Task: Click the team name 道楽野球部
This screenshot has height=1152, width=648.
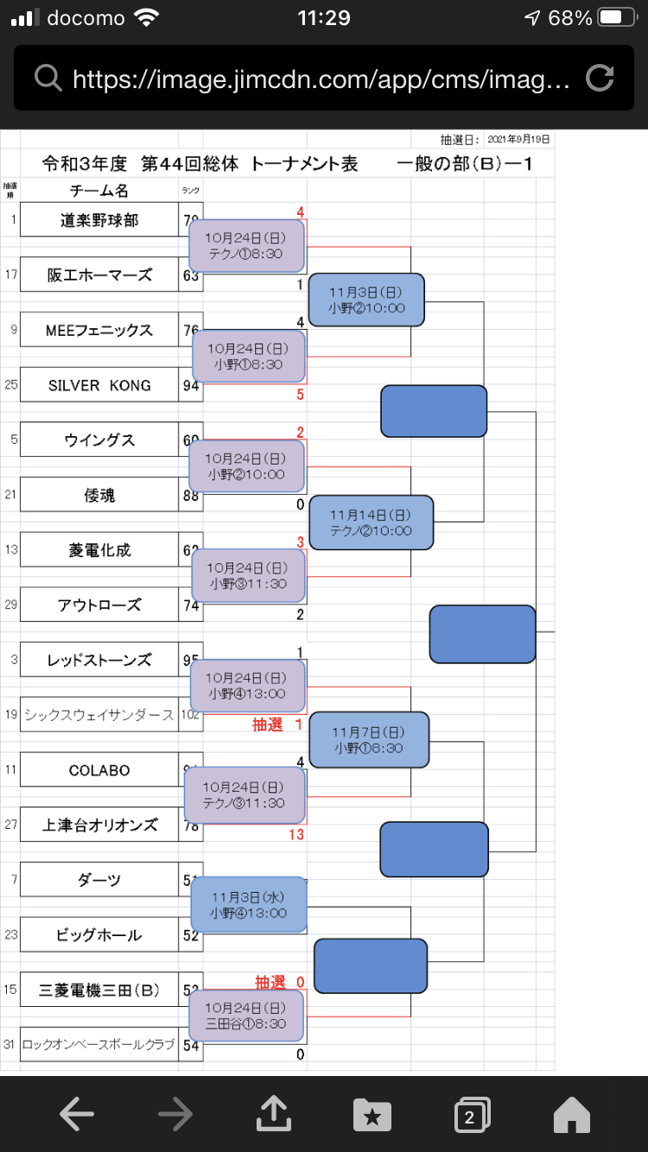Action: pos(99,220)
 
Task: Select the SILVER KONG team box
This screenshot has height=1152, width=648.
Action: pos(99,385)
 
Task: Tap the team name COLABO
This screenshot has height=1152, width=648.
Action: pos(99,770)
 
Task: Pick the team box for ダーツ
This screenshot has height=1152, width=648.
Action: pos(99,880)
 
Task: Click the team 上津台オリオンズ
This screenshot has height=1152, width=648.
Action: pos(99,826)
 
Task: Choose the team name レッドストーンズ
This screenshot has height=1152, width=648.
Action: pos(99,661)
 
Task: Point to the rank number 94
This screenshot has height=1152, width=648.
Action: pos(191,386)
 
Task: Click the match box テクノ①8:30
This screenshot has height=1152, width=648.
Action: pos(246,245)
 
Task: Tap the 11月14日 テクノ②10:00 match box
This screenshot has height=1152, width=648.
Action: pos(371,523)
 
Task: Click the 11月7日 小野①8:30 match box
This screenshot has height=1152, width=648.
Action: pos(369,740)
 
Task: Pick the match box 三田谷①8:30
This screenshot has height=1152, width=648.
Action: pos(246,1016)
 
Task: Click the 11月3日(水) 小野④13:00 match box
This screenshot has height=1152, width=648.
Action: pos(248,905)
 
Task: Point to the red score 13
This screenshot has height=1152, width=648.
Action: pos(296,834)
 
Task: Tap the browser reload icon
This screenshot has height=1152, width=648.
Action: pos(600,79)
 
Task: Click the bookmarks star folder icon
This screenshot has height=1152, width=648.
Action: pos(372,1116)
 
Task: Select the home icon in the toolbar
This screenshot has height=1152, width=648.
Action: pos(571,1116)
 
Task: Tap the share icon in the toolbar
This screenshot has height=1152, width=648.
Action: pos(274,1116)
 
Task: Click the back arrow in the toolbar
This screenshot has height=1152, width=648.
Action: pos(77,1116)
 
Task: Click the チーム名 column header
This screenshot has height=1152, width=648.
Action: pos(99,191)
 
